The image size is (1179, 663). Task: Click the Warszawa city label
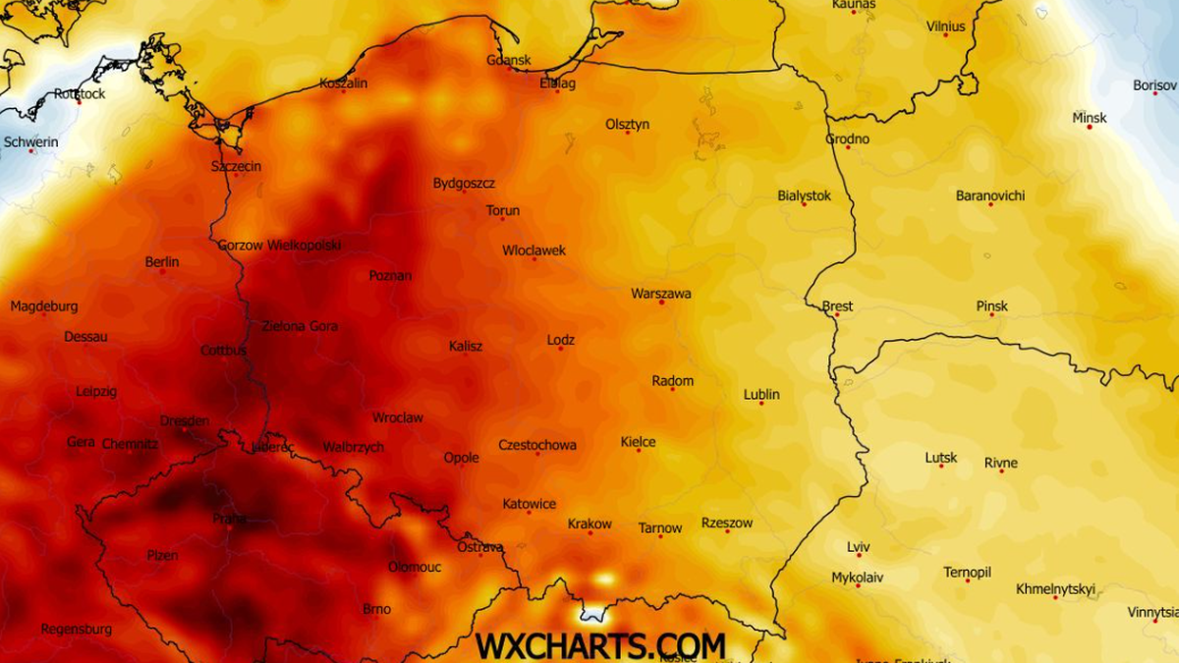pyautogui.click(x=660, y=294)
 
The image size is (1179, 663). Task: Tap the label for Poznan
pyautogui.click(x=390, y=276)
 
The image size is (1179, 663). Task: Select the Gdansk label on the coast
pyautogui.click(x=509, y=60)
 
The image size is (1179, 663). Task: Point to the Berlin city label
pyautogui.click(x=162, y=262)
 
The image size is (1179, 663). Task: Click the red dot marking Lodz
pyautogui.click(x=561, y=349)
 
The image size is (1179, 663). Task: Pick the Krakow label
pyautogui.click(x=589, y=525)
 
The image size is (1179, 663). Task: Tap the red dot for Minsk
pyautogui.click(x=1090, y=127)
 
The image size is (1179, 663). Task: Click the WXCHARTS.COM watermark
pyautogui.click(x=600, y=645)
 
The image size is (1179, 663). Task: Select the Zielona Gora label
pyautogui.click(x=300, y=326)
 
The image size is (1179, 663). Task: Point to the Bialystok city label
pyautogui.click(x=804, y=195)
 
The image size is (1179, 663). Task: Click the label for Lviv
pyautogui.click(x=859, y=547)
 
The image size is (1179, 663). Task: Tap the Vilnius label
pyautogui.click(x=946, y=27)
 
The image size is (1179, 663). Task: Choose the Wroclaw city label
pyautogui.click(x=398, y=417)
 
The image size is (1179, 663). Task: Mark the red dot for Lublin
pyautogui.click(x=760, y=403)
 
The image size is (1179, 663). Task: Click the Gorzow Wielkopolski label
pyautogui.click(x=279, y=246)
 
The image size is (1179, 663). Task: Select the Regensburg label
pyautogui.click(x=77, y=629)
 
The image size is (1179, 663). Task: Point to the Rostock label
pyautogui.click(x=80, y=94)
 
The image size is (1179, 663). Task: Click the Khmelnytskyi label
pyautogui.click(x=1055, y=589)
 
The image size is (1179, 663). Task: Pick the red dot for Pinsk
pyautogui.click(x=991, y=316)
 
